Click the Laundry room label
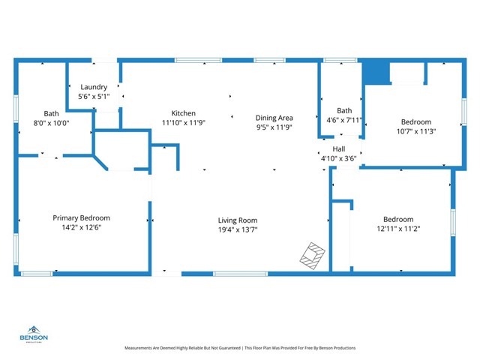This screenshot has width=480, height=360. [94, 87]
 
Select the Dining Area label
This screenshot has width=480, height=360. [274, 118]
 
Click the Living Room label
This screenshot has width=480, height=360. [238, 220]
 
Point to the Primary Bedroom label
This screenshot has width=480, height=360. [81, 217]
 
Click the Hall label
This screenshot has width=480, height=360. [339, 148]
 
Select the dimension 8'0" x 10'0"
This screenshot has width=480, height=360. [50, 122]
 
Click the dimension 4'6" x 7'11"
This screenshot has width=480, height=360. [344, 119]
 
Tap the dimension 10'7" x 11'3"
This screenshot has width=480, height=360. [415, 131]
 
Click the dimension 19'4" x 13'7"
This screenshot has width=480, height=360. [238, 230]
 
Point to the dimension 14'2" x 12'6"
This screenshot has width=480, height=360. [81, 227]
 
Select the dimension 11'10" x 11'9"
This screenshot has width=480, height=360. [184, 123]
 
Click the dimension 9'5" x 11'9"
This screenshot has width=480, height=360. [274, 127]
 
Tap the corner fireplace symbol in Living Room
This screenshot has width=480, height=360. [313, 255]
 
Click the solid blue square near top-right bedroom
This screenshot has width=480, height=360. [376, 72]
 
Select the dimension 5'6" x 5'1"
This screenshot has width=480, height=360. [94, 97]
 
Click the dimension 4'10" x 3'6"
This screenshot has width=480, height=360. [339, 158]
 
